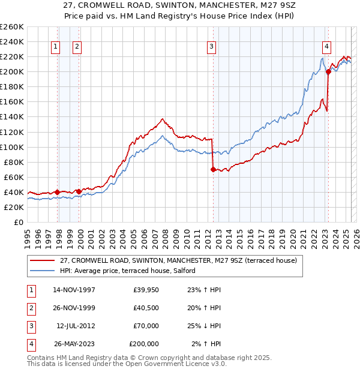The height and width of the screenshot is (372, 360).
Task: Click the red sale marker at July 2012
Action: click(x=213, y=169)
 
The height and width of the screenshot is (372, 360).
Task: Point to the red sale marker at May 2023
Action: click(x=328, y=72)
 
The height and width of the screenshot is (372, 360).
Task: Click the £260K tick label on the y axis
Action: click(x=11, y=27)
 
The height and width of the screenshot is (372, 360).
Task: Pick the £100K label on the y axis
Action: click(x=11, y=147)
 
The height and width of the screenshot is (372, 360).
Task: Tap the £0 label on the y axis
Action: click(x=18, y=222)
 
